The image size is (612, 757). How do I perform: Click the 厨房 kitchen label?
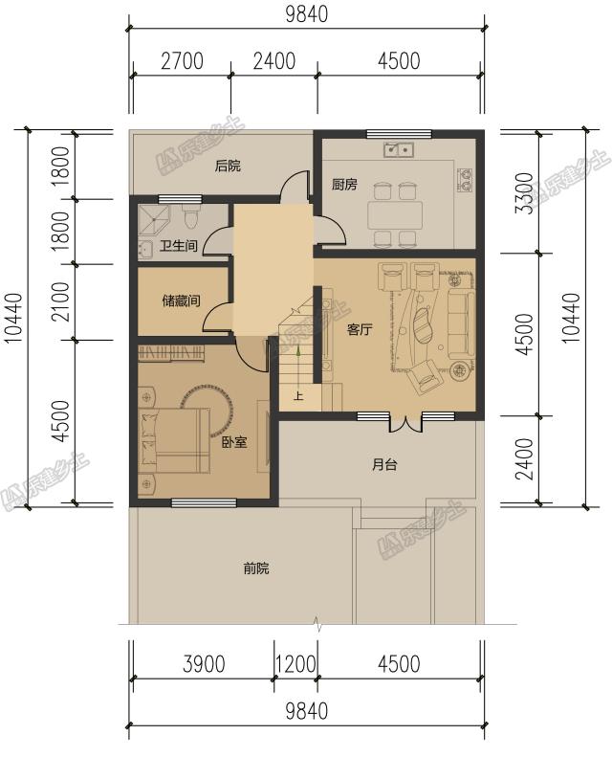344,185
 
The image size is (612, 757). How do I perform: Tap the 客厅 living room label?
360,330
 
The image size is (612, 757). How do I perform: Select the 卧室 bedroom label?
234,442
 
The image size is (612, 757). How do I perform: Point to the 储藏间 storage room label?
181,301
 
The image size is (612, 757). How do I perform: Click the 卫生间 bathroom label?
179,246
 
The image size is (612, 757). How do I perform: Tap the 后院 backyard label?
228,167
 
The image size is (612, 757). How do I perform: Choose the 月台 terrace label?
384,464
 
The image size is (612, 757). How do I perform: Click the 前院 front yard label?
256,568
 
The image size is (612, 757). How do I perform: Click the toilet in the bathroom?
190,217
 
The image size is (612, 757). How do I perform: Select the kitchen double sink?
399,150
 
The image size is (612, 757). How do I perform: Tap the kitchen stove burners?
465,179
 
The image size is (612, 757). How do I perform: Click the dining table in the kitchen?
395,215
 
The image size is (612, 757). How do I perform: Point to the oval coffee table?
423,324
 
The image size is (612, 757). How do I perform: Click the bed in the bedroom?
175,440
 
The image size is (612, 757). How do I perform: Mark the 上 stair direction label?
298,396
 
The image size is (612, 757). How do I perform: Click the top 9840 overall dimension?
307,14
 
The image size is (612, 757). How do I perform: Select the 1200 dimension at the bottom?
295,664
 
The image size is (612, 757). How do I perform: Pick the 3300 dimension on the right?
525,193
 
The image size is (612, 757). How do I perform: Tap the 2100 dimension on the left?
62,301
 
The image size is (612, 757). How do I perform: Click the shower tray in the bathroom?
153,221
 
